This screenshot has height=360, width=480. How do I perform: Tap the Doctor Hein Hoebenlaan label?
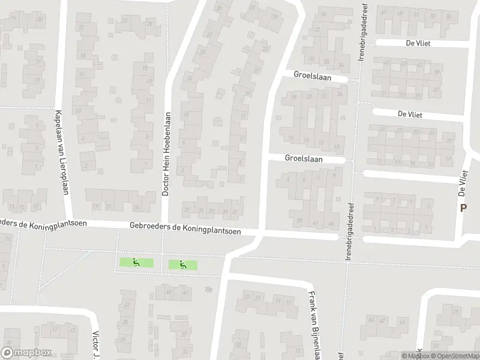pos(167,154)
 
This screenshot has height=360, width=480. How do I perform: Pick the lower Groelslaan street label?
pos(304,159)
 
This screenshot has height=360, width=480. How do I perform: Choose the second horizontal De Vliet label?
pos(410,113)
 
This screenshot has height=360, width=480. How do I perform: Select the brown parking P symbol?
pos(463,208)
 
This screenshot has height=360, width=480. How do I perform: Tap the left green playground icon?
pos(136,262)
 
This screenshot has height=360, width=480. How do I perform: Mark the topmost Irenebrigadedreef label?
pos(363,31)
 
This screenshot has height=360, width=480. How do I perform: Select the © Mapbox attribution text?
pos(416,356)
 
